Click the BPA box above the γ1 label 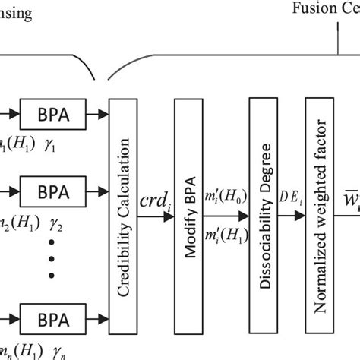[52, 117]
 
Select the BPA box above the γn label [52, 316]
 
